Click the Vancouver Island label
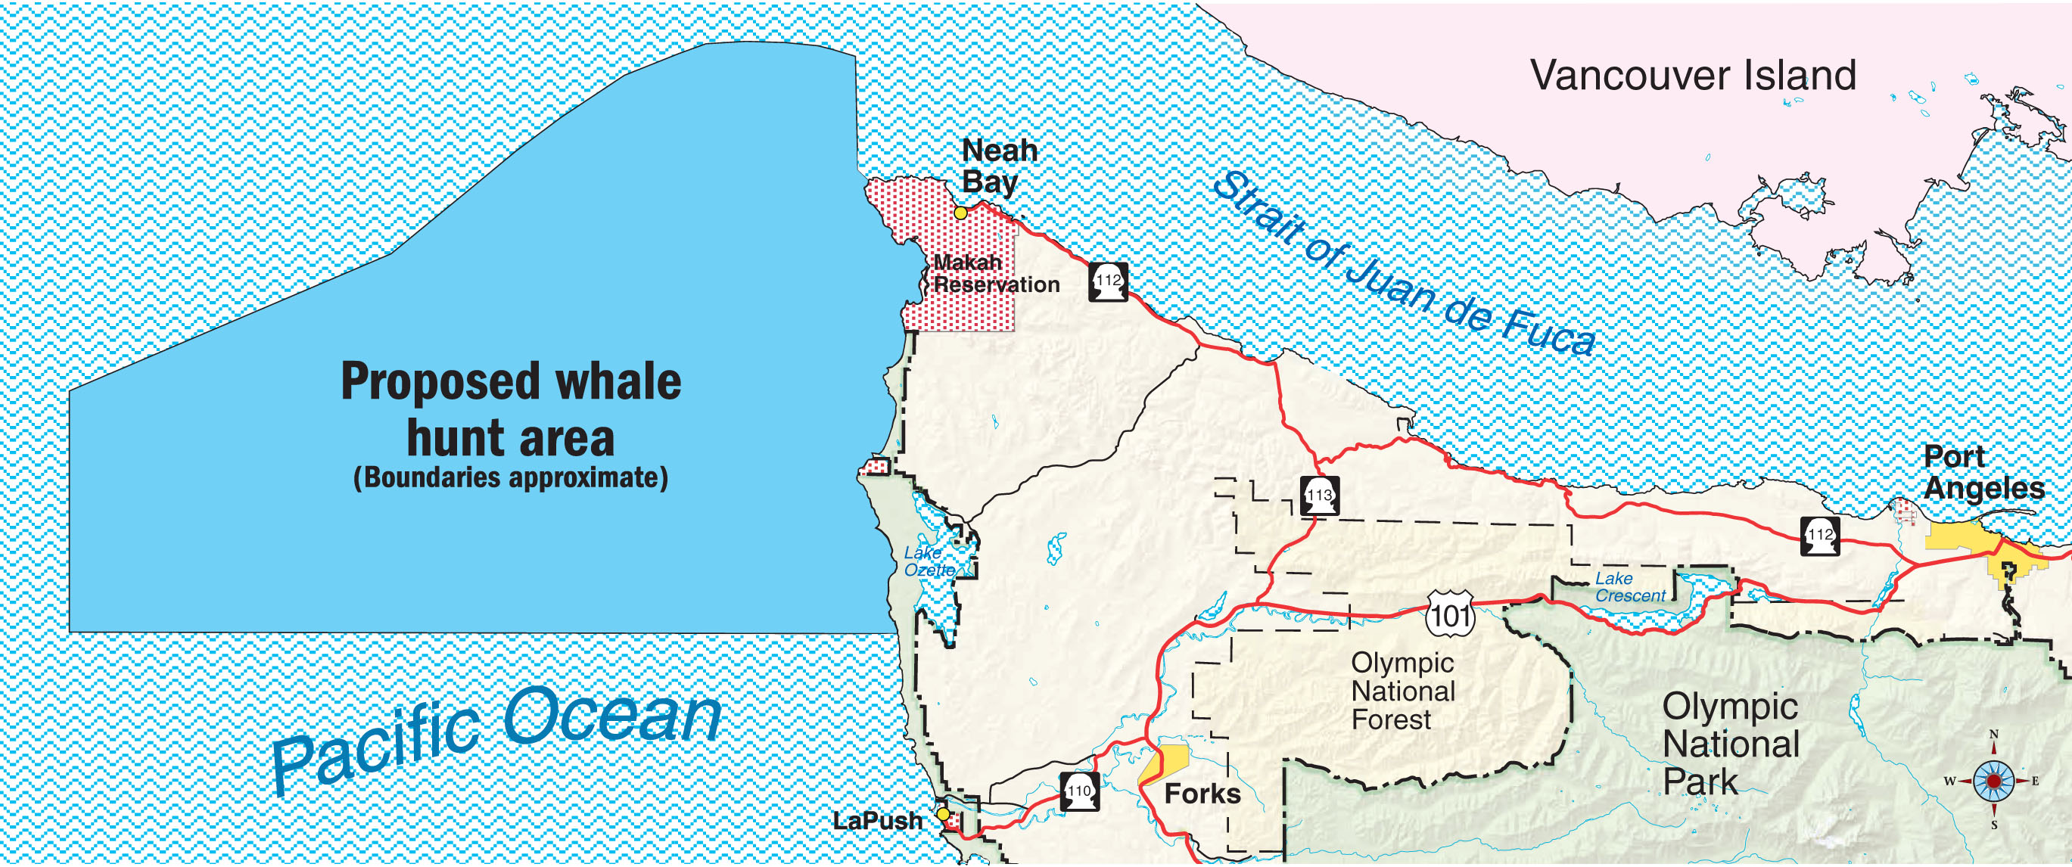pos(1692,76)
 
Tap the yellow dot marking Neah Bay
pos(960,213)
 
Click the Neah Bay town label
pos(999,166)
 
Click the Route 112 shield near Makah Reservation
pos(1109,282)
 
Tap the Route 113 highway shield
pos(1320,496)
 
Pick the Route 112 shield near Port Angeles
pos(1820,536)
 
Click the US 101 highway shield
pos(1450,615)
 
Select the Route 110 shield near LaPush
pos(1078,792)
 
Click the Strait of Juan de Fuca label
pos(1403,266)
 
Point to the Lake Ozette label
pos(929,561)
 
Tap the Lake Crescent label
pos(1629,587)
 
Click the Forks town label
pos(1202,794)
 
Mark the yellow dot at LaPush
pos(944,814)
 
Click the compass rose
pos(1993,780)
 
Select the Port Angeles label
pos(1983,472)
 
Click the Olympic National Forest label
pos(1403,691)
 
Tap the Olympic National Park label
pos(1730,744)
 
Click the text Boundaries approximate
pos(511,477)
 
